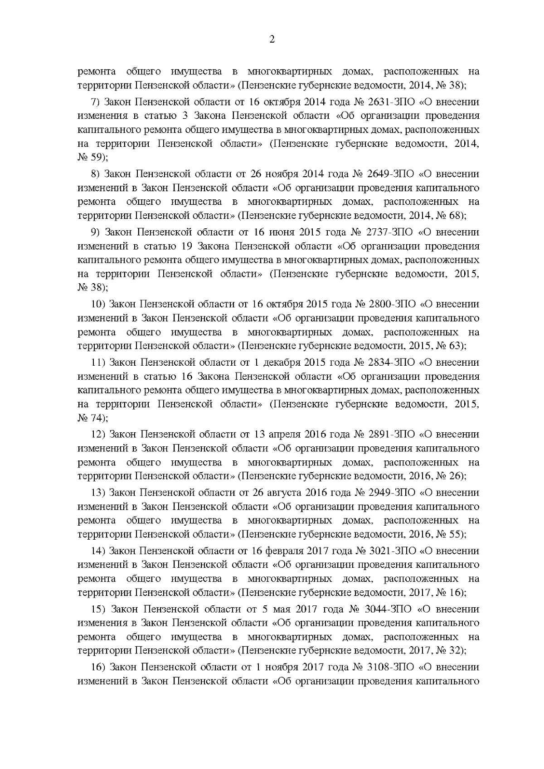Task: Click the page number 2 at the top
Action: coord(272,39)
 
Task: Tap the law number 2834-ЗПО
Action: coord(391,363)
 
